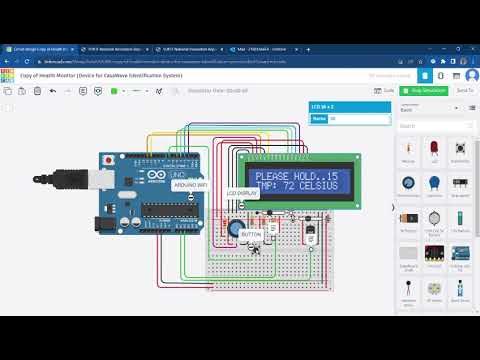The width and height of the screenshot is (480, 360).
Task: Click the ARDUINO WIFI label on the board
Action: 191,186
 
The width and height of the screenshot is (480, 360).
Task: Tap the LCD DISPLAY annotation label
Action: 241,192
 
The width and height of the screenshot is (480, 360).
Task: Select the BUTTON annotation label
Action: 250,234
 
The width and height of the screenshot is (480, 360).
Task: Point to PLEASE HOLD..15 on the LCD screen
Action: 297,176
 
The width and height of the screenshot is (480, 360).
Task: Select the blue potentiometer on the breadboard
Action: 233,228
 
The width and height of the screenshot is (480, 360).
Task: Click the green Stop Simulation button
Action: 427,90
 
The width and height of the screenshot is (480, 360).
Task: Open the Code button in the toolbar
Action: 386,90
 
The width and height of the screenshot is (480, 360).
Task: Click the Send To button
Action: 465,90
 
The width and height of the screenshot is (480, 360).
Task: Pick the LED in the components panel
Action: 434,149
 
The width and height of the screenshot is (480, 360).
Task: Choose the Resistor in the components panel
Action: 409,149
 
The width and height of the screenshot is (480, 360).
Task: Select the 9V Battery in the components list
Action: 409,218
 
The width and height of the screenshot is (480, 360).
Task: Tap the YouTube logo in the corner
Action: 453,341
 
